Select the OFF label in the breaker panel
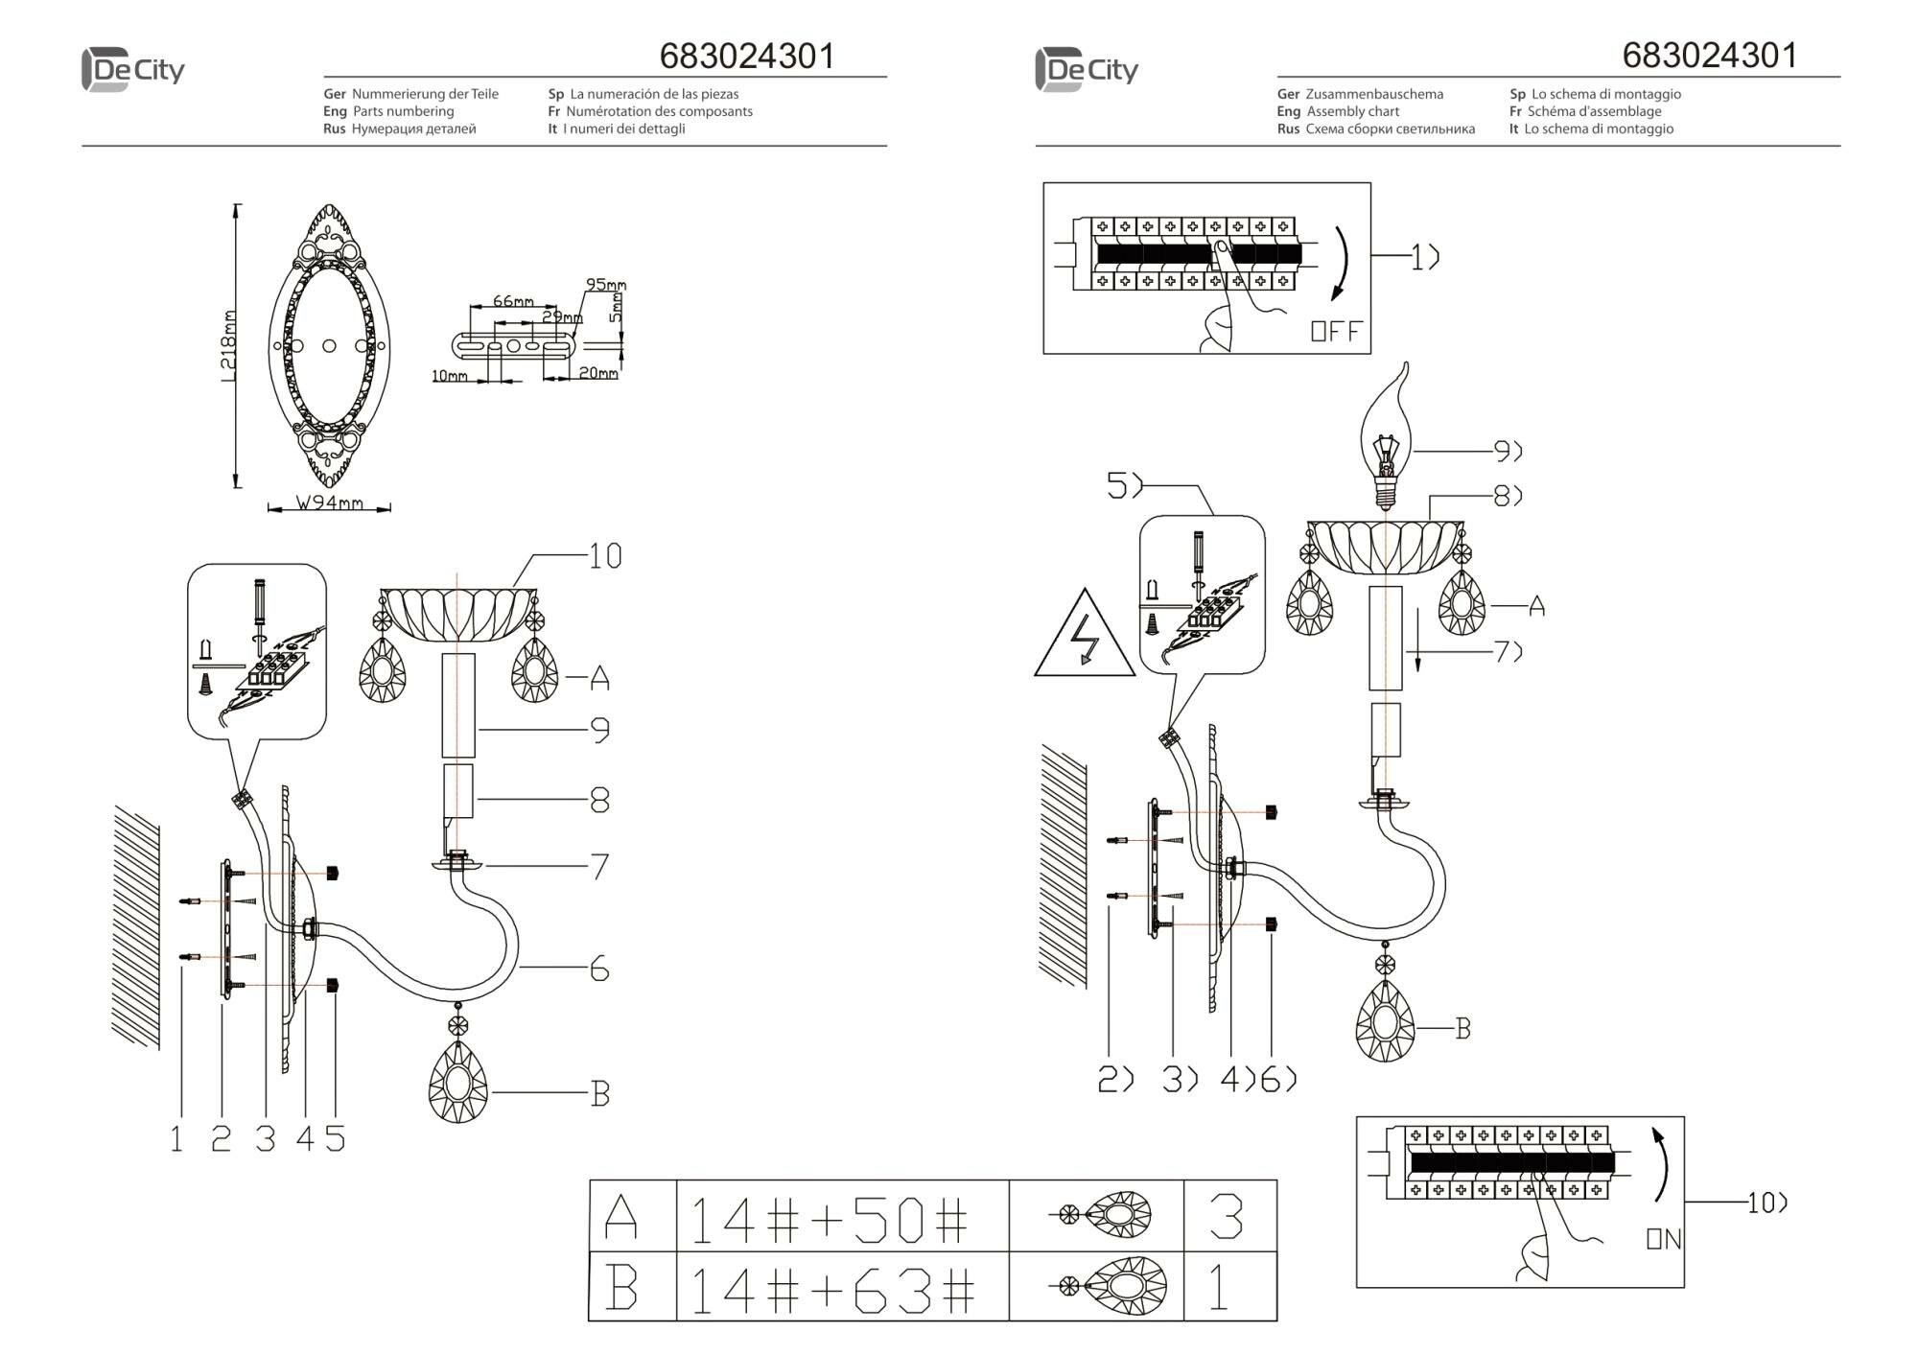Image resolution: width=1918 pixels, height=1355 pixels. coord(1335,332)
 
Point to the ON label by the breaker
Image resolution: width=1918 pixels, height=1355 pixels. coord(1664,1239)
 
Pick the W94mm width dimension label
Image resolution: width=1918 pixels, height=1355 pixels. coord(329,502)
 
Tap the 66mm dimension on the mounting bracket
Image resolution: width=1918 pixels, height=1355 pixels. coord(513,301)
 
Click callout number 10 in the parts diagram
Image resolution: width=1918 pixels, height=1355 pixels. coord(604,556)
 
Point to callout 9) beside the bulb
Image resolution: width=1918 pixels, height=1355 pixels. coord(1508,450)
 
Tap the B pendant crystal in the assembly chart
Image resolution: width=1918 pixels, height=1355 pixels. coord(1385,1022)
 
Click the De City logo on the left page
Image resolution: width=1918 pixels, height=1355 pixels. coord(132,70)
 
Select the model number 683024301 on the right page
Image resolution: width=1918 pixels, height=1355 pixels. coord(1709,56)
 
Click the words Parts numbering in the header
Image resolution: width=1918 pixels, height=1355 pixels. coord(403,111)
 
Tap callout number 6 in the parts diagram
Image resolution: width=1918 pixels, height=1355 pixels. coord(599,970)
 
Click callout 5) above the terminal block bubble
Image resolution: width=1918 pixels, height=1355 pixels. coord(1124,486)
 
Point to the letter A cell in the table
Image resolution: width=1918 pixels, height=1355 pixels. coord(621,1218)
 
